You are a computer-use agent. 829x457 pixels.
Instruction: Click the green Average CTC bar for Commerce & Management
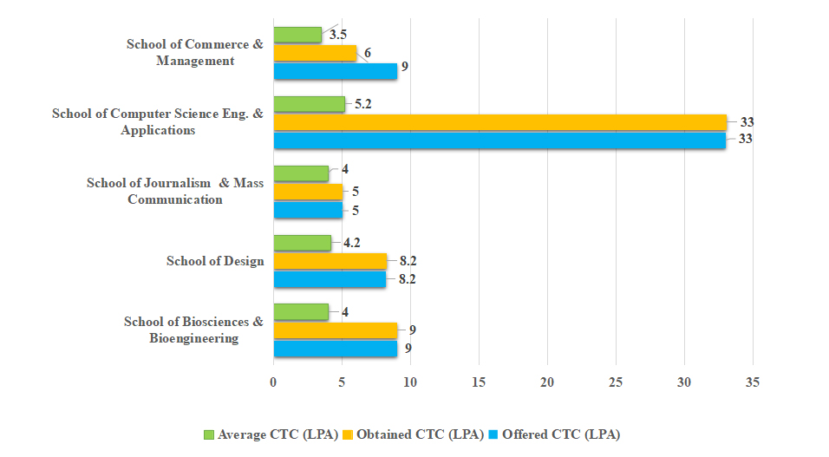[297, 35]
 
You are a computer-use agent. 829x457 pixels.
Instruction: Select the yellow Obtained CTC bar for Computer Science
[499, 122]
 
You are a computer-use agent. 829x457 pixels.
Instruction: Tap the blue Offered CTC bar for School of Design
[330, 279]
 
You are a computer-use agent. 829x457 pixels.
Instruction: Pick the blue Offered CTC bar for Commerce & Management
[335, 71]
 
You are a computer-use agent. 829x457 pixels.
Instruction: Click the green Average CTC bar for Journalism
[301, 173]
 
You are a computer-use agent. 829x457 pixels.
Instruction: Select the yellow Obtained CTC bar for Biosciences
[335, 330]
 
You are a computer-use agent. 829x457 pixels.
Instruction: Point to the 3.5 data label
[338, 36]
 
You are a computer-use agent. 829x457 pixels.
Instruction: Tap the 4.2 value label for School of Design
[353, 243]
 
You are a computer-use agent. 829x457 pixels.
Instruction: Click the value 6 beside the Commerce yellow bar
[368, 53]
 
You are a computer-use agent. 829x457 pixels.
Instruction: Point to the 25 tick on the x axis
[616, 382]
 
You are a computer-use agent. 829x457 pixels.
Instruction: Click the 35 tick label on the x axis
[752, 382]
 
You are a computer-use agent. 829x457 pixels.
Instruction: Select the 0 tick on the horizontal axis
[274, 382]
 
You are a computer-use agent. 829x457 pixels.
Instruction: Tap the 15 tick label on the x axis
[479, 382]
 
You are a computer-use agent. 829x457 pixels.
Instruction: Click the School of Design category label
[215, 261]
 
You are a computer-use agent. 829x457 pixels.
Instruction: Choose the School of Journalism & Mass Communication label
[175, 191]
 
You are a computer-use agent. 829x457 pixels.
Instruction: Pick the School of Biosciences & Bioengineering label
[193, 330]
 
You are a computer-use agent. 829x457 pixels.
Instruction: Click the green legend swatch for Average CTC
[208, 434]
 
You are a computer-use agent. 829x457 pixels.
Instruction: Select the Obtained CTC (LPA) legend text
[420, 434]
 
